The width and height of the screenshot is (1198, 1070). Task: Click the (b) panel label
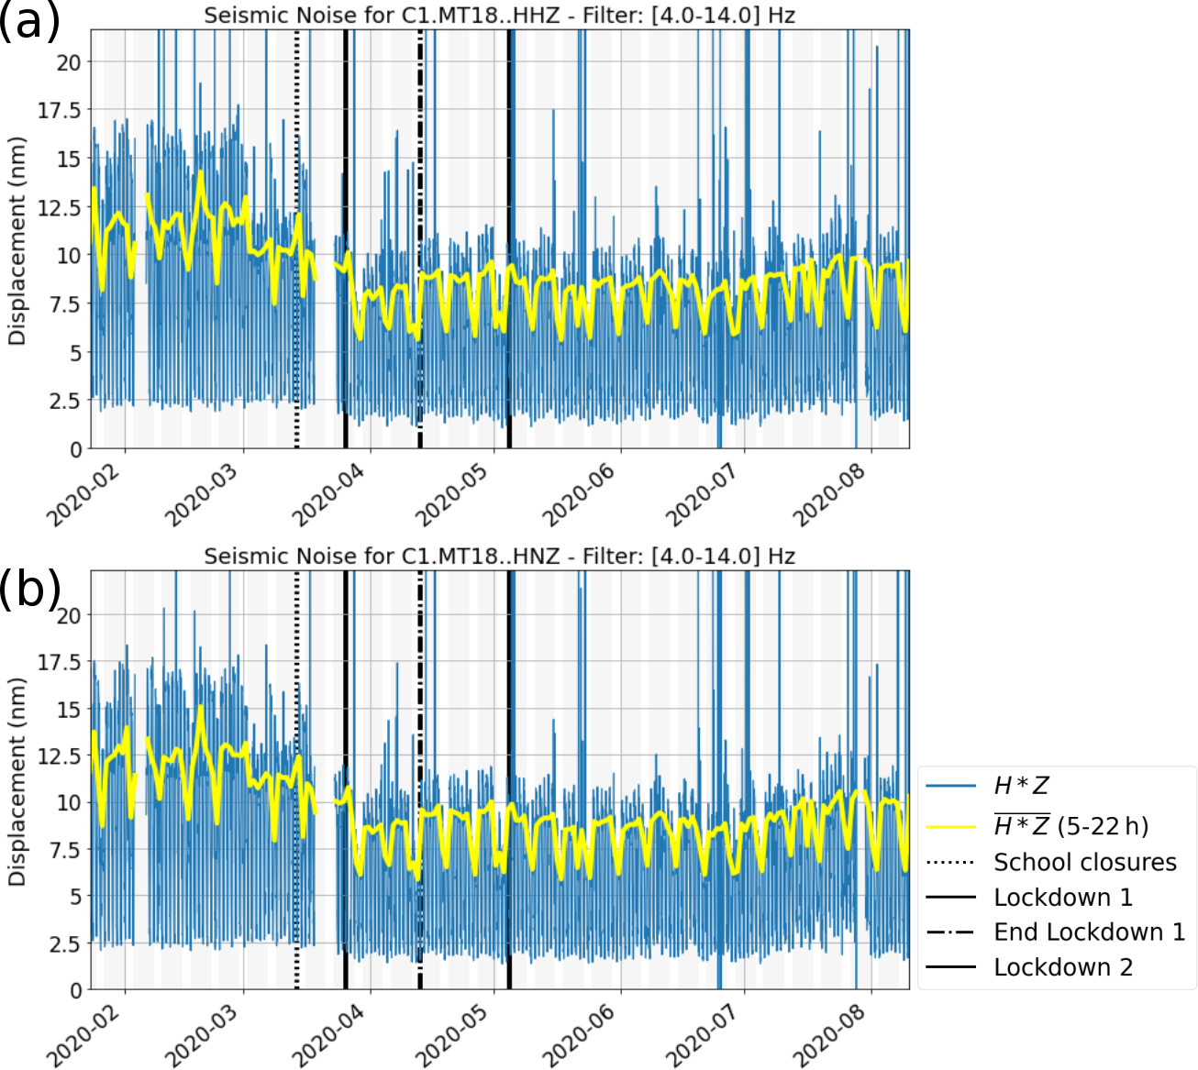[29, 589]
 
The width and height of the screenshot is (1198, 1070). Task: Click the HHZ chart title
[499, 16]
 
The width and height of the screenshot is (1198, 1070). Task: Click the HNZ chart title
[499, 557]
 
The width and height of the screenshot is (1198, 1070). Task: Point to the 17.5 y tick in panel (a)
[59, 110]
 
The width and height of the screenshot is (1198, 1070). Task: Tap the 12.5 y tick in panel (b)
[59, 756]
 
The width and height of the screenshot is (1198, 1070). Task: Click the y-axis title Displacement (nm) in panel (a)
[17, 240]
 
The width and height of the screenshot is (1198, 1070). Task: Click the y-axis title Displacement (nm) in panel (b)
[17, 781]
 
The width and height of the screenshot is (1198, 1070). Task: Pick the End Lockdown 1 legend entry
[1089, 932]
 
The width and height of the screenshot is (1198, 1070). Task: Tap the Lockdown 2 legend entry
[1063, 967]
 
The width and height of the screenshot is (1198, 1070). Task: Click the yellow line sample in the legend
[950, 827]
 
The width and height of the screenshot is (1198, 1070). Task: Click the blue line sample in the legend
[950, 787]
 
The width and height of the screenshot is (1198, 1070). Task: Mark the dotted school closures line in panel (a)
[296, 275]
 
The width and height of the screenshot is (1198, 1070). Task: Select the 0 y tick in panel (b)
[75, 990]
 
